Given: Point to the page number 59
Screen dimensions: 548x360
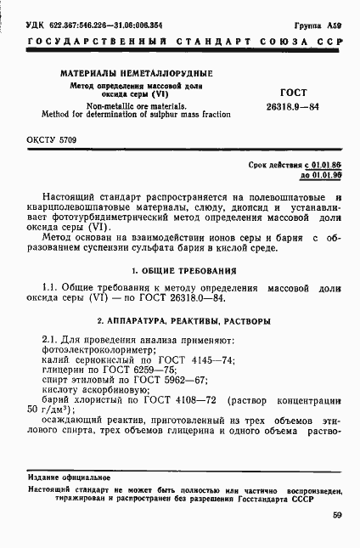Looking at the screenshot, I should click(x=337, y=515).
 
